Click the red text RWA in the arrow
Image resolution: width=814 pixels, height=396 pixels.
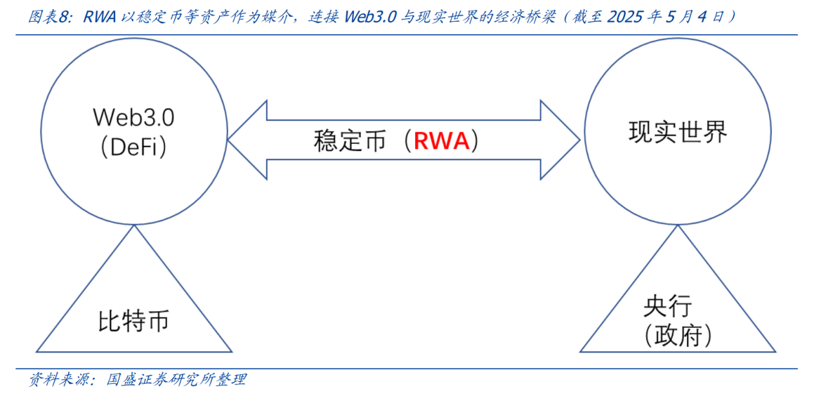(x=441, y=141)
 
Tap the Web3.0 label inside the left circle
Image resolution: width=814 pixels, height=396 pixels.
(x=134, y=118)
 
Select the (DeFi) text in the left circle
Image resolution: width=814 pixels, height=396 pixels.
(x=134, y=147)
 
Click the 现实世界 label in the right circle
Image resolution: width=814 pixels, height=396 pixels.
(x=678, y=132)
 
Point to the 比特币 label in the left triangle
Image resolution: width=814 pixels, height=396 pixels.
(x=134, y=321)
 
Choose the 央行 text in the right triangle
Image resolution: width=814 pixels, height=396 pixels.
(x=668, y=306)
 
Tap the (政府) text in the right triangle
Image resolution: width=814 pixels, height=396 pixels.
(x=678, y=336)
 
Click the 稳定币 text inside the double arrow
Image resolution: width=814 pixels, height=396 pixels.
(x=349, y=141)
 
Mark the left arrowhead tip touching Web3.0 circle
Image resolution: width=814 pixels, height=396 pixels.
(x=228, y=140)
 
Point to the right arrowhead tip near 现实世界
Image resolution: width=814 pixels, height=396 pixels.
(x=580, y=140)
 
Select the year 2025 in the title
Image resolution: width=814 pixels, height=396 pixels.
(x=625, y=17)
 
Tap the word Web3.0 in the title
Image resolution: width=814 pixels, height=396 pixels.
(x=370, y=17)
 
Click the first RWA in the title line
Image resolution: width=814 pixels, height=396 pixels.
(x=100, y=17)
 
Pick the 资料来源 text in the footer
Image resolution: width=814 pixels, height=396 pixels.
(x=59, y=380)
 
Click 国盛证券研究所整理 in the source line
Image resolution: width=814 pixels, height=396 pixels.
(x=177, y=380)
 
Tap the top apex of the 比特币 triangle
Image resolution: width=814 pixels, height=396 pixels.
(x=134, y=226)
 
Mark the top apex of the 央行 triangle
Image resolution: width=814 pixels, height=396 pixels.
(x=678, y=226)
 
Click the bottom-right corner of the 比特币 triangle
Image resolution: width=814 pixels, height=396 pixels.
(x=231, y=352)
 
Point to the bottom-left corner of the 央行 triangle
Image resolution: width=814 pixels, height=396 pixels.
(x=580, y=352)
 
